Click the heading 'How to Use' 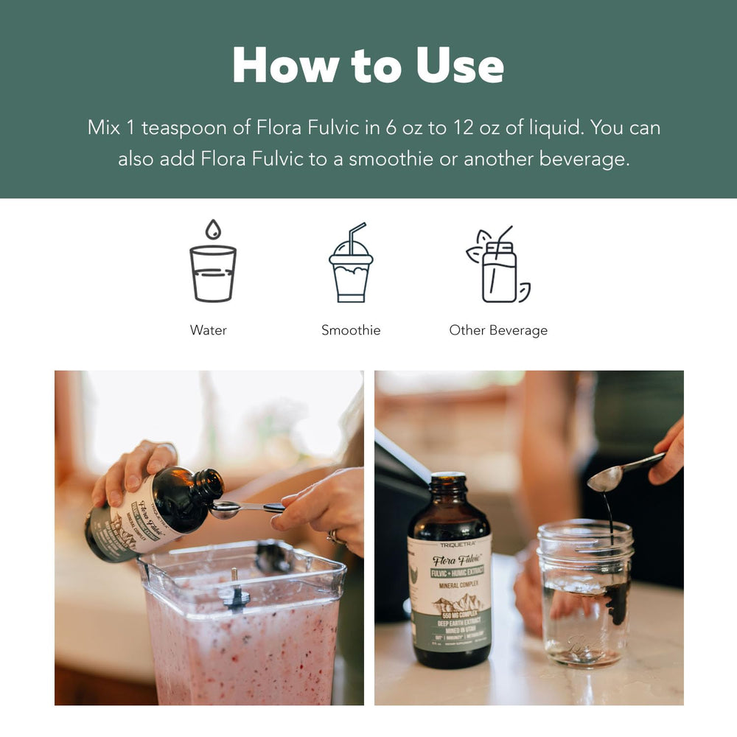point(368,66)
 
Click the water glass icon point(213,273)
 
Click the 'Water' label point(209,330)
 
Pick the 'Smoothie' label point(351,330)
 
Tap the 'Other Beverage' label point(498,330)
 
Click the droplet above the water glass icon point(213,229)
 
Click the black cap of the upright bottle point(448,483)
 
